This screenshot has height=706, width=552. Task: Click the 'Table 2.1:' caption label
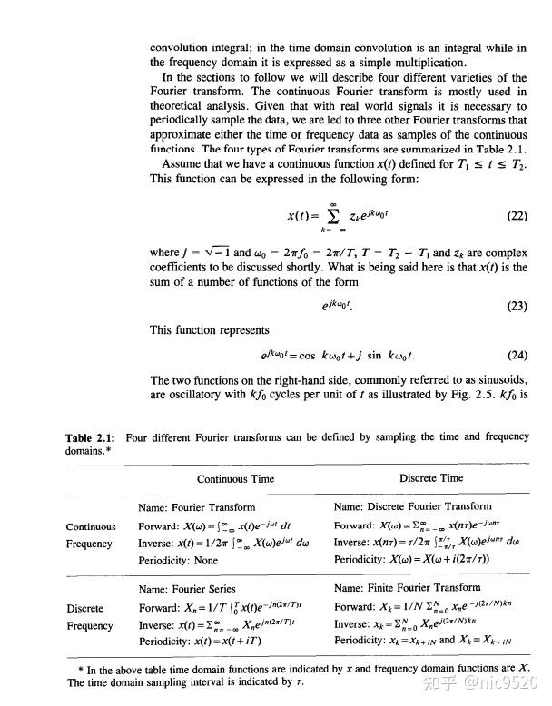(93, 438)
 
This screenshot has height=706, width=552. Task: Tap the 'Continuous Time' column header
(234, 478)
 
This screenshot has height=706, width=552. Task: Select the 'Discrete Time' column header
(430, 478)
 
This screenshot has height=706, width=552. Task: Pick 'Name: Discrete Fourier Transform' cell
(412, 507)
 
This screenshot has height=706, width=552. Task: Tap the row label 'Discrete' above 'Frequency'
(84, 608)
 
